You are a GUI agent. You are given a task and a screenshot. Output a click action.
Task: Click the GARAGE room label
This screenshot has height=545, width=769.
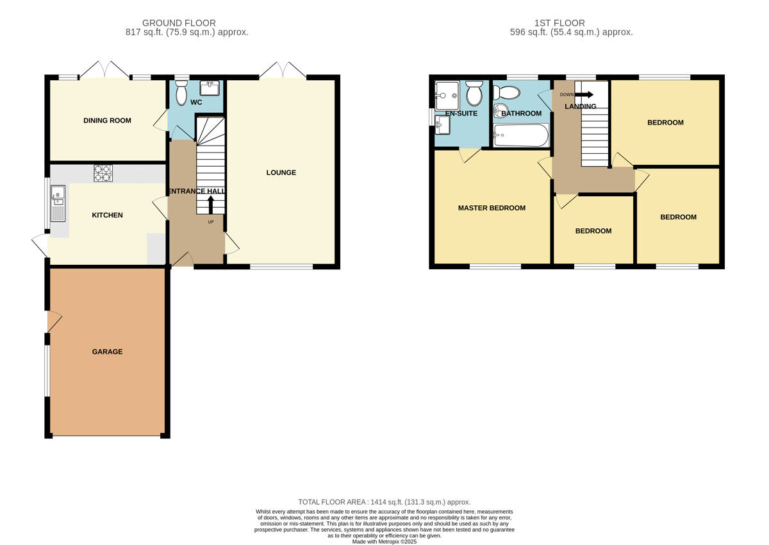[x=107, y=351]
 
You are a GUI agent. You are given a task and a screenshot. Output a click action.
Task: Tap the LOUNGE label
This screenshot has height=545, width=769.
[x=281, y=172]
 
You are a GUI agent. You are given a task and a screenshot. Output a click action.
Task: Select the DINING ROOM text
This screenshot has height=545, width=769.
[x=107, y=121]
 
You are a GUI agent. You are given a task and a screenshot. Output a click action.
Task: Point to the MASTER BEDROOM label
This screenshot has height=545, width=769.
[x=492, y=208]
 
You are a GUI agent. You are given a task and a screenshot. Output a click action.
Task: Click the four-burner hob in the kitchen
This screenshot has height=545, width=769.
[x=103, y=173]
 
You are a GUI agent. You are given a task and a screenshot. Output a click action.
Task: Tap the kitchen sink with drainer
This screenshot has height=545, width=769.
[x=58, y=203]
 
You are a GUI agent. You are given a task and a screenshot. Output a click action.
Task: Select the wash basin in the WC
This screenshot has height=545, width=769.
[x=210, y=88]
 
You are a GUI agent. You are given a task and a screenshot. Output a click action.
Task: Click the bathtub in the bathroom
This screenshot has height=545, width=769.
[x=521, y=135]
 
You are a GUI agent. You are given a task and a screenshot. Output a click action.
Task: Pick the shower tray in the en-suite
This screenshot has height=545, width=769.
[x=447, y=96]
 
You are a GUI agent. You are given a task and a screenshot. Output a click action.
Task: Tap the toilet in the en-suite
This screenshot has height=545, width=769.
[x=474, y=93]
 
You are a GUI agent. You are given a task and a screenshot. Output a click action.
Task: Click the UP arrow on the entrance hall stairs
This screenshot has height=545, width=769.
[x=210, y=205]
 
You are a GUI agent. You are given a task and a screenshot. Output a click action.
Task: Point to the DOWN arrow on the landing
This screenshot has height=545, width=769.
[x=584, y=94]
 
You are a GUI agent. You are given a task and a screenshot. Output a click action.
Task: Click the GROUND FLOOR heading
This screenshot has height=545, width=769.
[x=179, y=23]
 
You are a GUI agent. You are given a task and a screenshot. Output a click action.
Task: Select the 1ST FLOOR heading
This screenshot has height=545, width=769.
[x=559, y=23]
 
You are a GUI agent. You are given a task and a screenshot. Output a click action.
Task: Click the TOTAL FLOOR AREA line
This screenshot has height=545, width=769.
[x=384, y=502]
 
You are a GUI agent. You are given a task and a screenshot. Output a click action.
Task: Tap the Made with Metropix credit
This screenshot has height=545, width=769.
[x=384, y=542]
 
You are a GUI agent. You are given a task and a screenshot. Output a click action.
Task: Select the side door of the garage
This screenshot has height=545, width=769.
[x=54, y=322]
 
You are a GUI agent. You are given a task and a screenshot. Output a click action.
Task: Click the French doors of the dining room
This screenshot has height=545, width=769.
[x=104, y=70]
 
